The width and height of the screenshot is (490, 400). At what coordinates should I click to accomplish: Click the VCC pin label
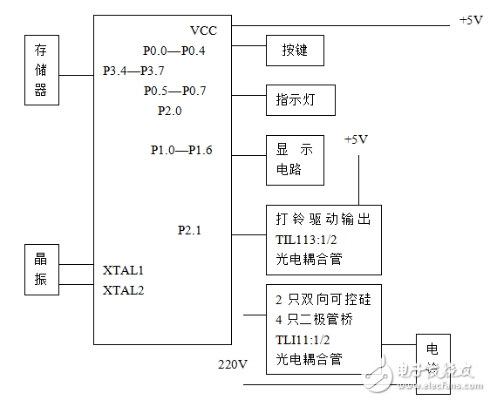click(x=203, y=31)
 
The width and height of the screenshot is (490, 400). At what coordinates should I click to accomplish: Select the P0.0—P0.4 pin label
click(x=174, y=51)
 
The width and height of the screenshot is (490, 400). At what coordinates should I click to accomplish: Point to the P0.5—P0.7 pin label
click(x=174, y=91)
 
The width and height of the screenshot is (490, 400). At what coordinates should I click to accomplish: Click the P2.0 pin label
click(x=171, y=111)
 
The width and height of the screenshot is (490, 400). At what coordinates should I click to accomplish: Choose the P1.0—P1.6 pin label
click(x=181, y=150)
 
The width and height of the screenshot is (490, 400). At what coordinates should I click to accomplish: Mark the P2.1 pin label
click(x=189, y=230)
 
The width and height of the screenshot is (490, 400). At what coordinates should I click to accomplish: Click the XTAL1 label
click(x=123, y=271)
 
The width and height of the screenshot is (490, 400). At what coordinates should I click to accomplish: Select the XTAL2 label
click(x=123, y=289)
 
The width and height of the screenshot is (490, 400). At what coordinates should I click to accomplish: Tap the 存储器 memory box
click(x=40, y=70)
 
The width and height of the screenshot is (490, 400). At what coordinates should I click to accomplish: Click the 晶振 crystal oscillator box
click(x=40, y=268)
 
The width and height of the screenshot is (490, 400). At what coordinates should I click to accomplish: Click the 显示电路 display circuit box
click(x=294, y=159)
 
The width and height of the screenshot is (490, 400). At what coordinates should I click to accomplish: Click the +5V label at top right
click(x=470, y=20)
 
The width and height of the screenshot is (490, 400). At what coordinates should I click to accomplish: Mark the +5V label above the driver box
click(x=357, y=139)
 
